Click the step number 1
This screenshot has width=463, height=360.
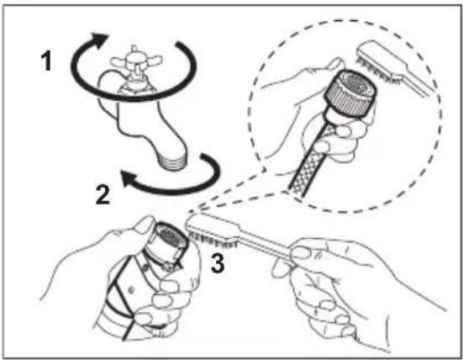pyautogui.click(x=47, y=61)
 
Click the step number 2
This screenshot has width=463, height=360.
pyautogui.click(x=103, y=194)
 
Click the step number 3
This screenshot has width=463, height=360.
pyautogui.click(x=218, y=263)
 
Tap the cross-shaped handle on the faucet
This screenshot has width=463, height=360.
pyautogui.click(x=135, y=61)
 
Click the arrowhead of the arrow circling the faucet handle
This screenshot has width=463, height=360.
pyautogui.click(x=99, y=39)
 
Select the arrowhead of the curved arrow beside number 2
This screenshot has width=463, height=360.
pyautogui.click(x=129, y=178)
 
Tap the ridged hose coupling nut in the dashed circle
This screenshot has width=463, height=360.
pyautogui.click(x=350, y=93)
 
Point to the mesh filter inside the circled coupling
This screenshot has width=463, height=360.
pyautogui.click(x=356, y=82)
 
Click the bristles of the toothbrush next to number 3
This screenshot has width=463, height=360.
pyautogui.click(x=212, y=240)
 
